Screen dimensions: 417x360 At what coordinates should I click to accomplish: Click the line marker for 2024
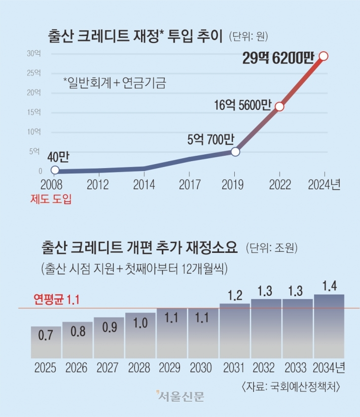coord(324,56)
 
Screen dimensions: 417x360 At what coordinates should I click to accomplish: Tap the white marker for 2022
coord(279,106)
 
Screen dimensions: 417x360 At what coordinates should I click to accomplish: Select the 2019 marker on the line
coord(235,152)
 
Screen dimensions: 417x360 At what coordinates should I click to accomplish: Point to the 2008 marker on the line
coord(55,170)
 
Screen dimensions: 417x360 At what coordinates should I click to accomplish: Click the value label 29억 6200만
coord(278,59)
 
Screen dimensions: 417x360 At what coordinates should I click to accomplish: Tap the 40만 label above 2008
coord(58,157)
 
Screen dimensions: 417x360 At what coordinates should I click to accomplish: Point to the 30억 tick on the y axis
coord(35,53)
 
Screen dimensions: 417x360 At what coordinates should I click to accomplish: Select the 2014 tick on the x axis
coord(144,184)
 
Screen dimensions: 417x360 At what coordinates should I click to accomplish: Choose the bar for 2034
coord(329,326)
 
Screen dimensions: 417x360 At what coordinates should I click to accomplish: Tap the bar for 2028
coord(141,335)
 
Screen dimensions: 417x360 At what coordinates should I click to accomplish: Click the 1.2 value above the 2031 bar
coord(235,296)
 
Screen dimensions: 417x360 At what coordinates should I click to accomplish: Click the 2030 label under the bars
coord(203,368)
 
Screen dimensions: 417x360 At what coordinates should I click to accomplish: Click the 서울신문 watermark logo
coord(180,396)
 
